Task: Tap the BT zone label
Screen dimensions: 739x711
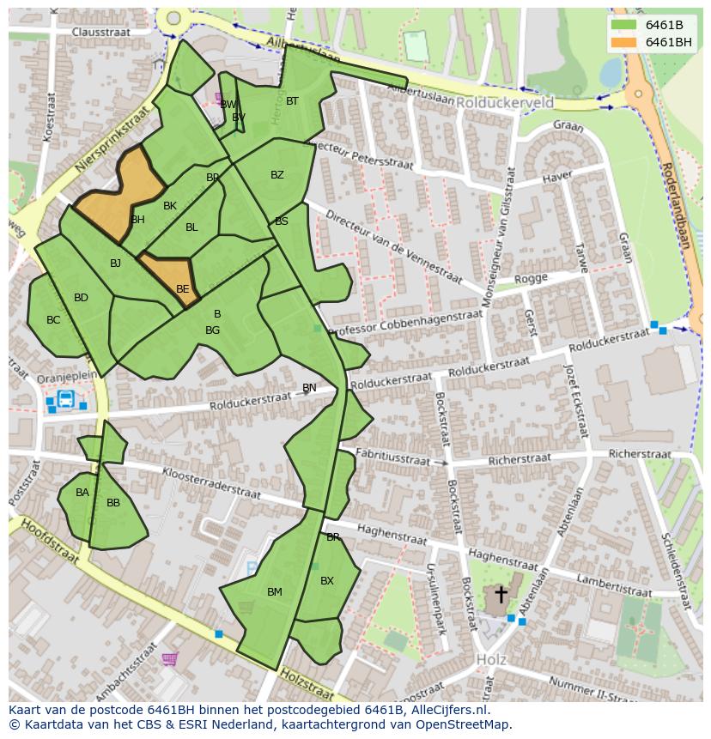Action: tap(292, 101)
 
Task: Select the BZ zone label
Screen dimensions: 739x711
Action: tap(276, 175)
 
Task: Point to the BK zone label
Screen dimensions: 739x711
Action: tap(169, 206)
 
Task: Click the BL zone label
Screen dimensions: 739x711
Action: tap(191, 227)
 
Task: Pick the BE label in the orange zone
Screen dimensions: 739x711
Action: tap(182, 289)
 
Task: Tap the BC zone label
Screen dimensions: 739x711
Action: tap(53, 320)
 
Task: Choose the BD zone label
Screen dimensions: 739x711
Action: tap(81, 298)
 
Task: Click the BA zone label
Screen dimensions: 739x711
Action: tap(82, 493)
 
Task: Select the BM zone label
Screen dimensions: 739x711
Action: tap(274, 592)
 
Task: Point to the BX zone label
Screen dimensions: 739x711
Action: tap(326, 581)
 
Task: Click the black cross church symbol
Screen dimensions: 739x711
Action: tap(501, 594)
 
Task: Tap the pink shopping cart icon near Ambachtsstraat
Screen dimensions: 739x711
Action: tap(169, 659)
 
